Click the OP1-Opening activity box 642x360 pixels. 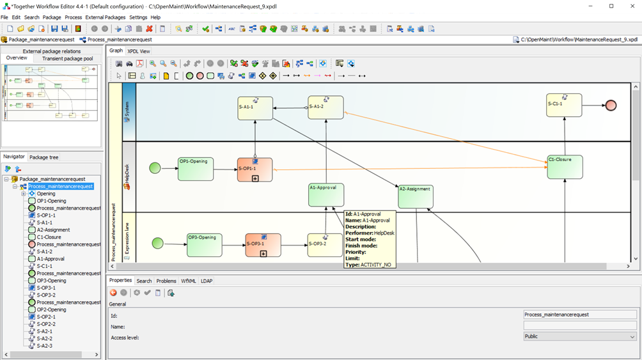[x=195, y=169]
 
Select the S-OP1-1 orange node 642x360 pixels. [x=254, y=170]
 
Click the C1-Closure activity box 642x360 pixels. [x=565, y=167]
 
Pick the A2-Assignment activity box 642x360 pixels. [x=416, y=196]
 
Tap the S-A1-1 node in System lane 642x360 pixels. [x=254, y=108]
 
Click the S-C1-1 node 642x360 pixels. [x=564, y=105]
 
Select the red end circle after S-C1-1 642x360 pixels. [x=611, y=106]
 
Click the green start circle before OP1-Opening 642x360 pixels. [x=155, y=168]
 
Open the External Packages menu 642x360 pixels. [x=106, y=17]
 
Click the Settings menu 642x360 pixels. [x=138, y=17]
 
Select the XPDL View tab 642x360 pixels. [x=139, y=51]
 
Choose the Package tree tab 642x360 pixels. [x=44, y=157]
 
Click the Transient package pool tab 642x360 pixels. [x=67, y=59]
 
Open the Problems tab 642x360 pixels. [x=166, y=281]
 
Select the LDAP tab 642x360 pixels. [x=207, y=281]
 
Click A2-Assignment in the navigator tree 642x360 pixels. [x=53, y=230]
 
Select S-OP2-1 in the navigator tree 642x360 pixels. [x=46, y=317]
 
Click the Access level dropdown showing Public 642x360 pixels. [x=579, y=336]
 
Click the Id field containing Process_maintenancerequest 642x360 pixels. [x=579, y=315]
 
